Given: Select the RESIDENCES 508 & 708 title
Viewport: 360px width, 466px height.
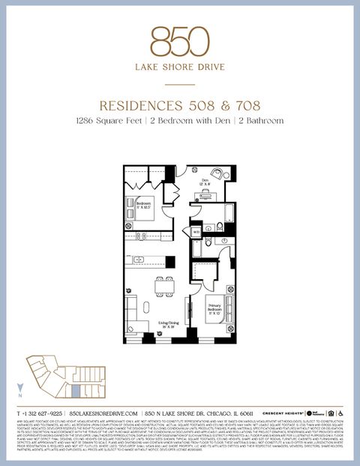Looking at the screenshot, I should pos(179,105).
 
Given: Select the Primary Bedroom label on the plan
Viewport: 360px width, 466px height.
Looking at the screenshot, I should pos(216,305).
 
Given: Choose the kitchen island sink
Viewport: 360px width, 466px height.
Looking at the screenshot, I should pos(151,260).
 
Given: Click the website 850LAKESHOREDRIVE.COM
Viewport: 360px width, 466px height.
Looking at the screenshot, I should pos(103,413).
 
